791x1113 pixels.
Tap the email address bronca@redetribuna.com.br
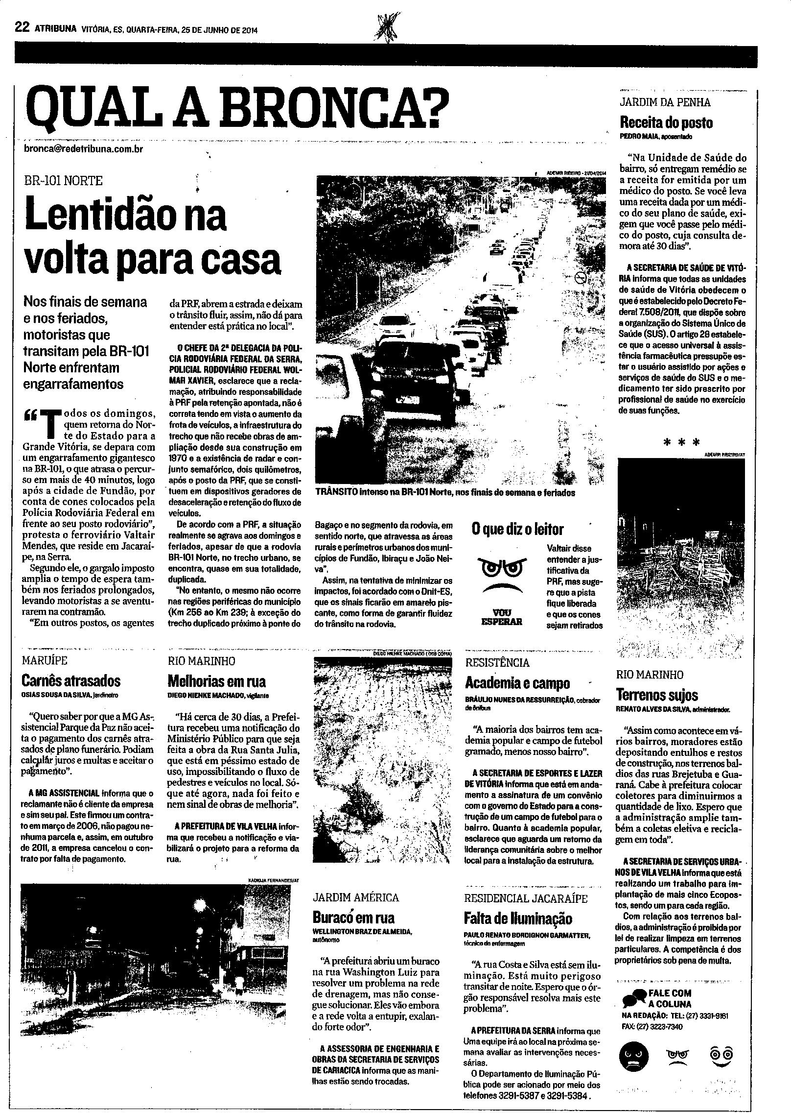coord(83,148)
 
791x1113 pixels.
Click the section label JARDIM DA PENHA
coord(658,103)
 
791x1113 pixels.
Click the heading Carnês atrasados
coord(71,681)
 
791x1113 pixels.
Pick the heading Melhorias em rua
coord(216,681)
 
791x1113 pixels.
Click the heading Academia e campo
coord(517,683)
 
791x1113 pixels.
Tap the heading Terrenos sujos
coord(657,695)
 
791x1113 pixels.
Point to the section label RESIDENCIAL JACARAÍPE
coord(526,898)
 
